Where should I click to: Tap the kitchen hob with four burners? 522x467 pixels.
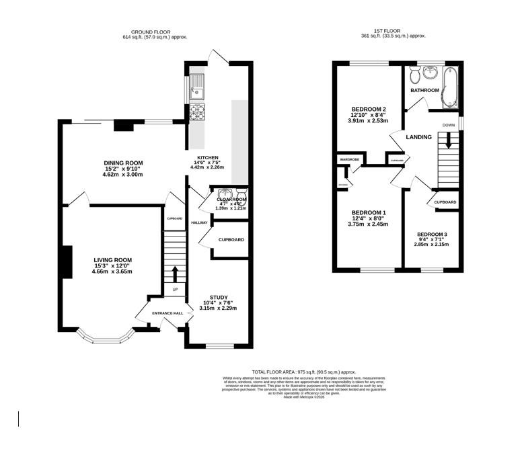[x=198, y=112]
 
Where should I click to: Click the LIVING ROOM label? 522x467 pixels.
[x=113, y=259]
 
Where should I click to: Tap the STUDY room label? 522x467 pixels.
[x=218, y=297]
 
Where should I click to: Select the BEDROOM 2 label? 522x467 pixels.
[x=368, y=110]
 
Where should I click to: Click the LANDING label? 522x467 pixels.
[x=418, y=137]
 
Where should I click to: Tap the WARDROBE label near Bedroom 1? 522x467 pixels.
[x=349, y=159]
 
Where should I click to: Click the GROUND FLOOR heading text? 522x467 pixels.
[x=151, y=32]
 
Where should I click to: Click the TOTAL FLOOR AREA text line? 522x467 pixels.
[x=303, y=372]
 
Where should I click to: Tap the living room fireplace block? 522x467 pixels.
[x=67, y=261]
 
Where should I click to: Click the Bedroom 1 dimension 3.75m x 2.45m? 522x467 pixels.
[x=369, y=224]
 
